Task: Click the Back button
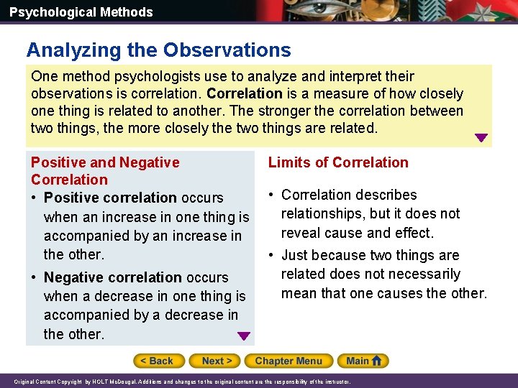[158, 361]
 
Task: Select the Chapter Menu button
[288, 361]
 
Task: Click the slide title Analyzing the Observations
[158, 50]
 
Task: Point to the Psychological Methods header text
[81, 12]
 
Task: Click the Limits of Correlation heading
[338, 162]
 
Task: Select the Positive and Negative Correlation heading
[105, 171]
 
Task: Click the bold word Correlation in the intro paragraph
[245, 94]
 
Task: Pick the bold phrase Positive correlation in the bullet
[110, 198]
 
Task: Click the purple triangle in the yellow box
[481, 138]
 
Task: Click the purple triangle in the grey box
[244, 336]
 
